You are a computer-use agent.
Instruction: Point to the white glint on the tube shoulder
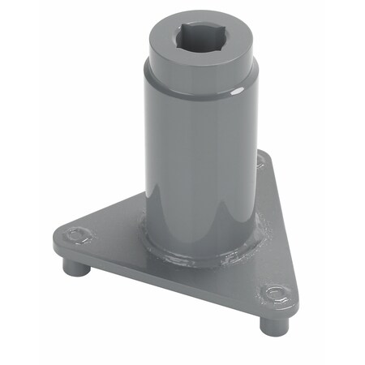(236, 94)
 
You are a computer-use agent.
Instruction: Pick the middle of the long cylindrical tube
(199, 162)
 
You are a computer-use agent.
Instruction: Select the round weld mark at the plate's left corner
(77, 237)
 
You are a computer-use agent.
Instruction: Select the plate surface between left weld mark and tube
(114, 235)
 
